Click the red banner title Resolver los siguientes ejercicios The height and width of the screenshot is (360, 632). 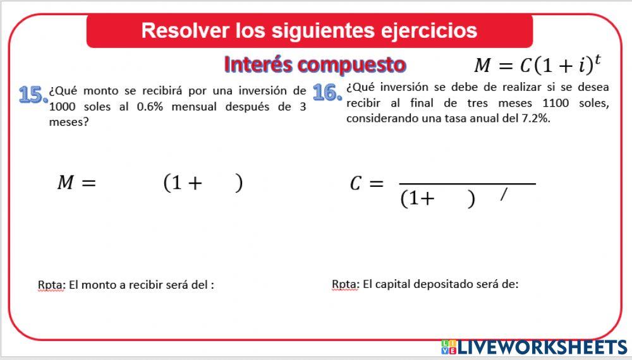[x=309, y=30]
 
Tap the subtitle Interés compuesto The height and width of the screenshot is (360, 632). [x=315, y=64]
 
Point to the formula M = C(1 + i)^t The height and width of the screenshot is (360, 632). [x=537, y=65]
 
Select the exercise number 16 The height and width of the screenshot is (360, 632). [x=327, y=93]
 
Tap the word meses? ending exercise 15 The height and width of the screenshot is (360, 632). [x=69, y=123]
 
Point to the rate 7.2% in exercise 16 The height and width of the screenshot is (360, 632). [x=537, y=119]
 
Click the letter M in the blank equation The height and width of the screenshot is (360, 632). [x=66, y=183]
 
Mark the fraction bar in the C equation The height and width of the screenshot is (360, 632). [x=467, y=184]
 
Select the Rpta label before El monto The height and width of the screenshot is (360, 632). [x=51, y=285]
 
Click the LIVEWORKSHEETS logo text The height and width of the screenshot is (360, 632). [x=542, y=347]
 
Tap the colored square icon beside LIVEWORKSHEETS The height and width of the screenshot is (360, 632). [x=448, y=347]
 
